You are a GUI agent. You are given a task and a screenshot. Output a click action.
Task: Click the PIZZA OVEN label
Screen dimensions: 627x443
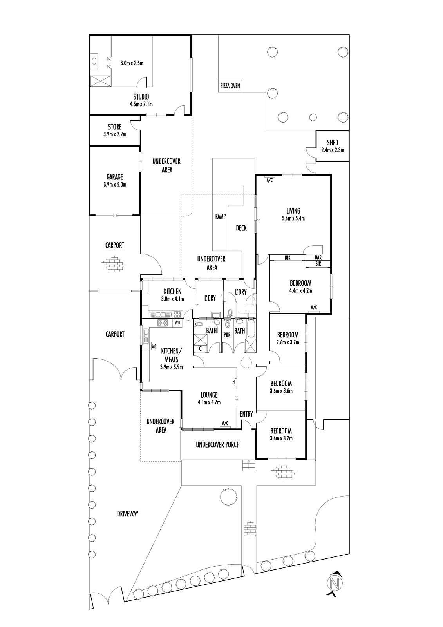(x=230, y=86)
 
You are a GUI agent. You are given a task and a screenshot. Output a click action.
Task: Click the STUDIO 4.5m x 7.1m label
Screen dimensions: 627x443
(x=141, y=100)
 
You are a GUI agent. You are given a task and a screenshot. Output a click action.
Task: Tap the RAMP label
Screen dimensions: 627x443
(x=221, y=216)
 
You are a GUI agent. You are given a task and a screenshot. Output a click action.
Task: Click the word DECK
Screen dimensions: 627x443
(x=241, y=228)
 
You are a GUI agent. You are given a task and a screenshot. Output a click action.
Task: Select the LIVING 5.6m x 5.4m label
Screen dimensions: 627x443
(x=293, y=214)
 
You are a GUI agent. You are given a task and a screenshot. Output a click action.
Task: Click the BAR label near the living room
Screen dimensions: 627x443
(x=318, y=257)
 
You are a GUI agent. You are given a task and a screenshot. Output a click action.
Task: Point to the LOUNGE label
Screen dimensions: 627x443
(x=209, y=395)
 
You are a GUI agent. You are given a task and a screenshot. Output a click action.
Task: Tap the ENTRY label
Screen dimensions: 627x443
(x=246, y=414)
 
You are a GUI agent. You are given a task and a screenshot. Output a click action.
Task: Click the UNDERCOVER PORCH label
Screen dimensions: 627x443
(x=217, y=445)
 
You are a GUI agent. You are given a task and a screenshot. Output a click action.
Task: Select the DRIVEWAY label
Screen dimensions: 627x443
(x=128, y=514)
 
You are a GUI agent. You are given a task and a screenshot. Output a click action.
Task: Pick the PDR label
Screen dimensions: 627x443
(x=227, y=335)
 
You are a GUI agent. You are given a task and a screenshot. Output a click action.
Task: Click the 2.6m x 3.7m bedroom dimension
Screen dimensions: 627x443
(x=288, y=342)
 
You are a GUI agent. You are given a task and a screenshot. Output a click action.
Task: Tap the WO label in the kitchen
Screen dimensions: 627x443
(x=177, y=323)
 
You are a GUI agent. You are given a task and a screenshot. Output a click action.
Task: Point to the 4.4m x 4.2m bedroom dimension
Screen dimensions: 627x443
(x=300, y=291)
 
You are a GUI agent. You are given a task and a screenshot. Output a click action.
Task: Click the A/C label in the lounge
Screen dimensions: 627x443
(x=225, y=423)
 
